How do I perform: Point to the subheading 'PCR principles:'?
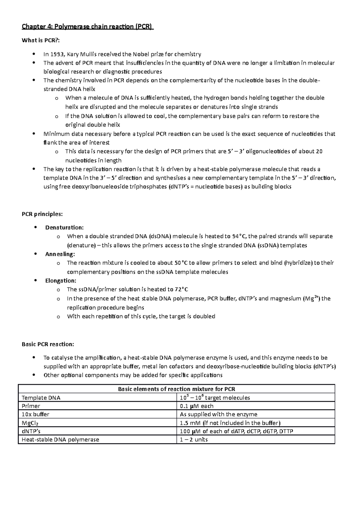click(42, 214)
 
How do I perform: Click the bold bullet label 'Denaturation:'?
click(64, 228)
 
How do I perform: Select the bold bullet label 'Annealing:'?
click(60, 254)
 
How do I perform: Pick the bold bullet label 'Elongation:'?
click(61, 281)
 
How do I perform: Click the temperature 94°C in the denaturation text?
click(239, 236)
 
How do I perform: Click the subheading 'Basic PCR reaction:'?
click(48, 344)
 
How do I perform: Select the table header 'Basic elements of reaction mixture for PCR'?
click(176, 389)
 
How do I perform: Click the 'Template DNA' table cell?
click(41, 398)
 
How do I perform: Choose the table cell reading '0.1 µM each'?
click(196, 406)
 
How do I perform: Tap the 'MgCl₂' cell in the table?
click(30, 423)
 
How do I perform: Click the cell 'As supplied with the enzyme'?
click(218, 415)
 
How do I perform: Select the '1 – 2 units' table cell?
click(193, 440)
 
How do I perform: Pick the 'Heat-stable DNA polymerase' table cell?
click(60, 440)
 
